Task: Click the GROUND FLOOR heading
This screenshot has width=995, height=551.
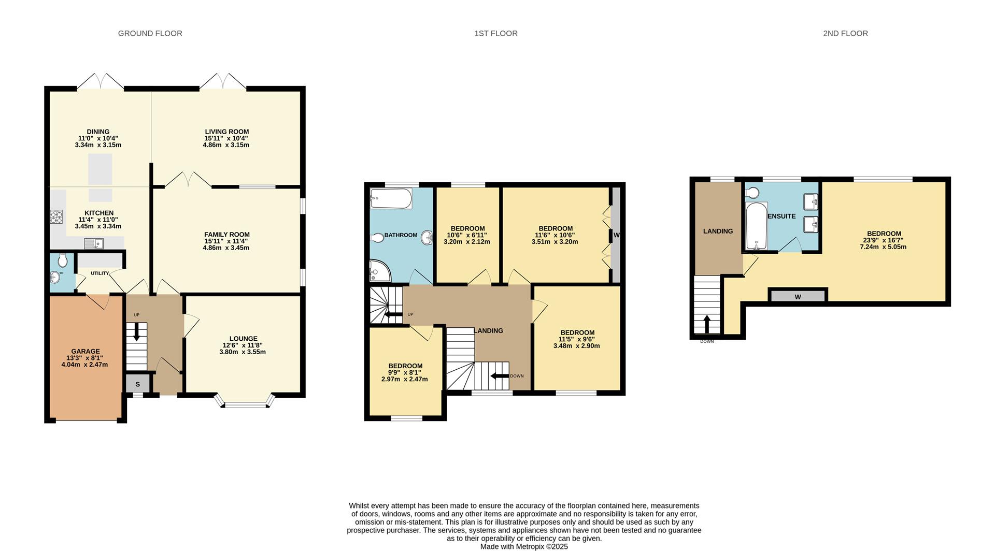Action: (150, 33)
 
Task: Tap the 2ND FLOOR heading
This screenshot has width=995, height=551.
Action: (845, 33)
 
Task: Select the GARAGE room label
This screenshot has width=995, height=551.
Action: (86, 351)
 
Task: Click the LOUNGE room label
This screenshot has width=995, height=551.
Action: (243, 339)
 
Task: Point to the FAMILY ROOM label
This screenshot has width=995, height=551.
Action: (227, 235)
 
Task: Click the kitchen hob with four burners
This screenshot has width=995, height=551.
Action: (56, 217)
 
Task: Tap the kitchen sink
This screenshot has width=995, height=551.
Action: (94, 243)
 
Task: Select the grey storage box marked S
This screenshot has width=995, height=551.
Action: (138, 384)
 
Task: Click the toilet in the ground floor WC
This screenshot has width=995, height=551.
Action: (63, 260)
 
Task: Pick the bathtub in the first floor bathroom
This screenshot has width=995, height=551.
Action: (391, 198)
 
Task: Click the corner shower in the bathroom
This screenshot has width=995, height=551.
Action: (380, 270)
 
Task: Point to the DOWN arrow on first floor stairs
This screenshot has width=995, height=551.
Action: (500, 376)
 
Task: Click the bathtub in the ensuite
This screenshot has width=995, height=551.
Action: (756, 226)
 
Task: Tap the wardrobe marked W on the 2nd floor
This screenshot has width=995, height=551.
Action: (798, 297)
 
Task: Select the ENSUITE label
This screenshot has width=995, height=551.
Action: (781, 216)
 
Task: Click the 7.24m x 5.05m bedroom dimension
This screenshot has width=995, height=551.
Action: (883, 247)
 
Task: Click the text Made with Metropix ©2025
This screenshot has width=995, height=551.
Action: (524, 546)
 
